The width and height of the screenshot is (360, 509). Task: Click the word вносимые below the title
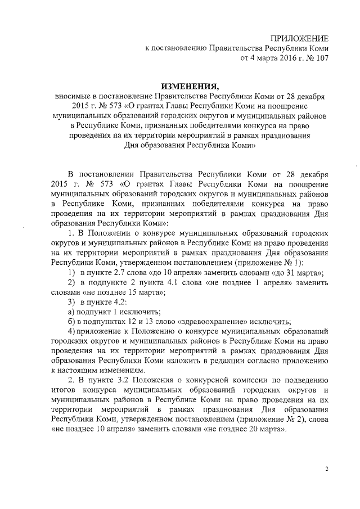71,97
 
